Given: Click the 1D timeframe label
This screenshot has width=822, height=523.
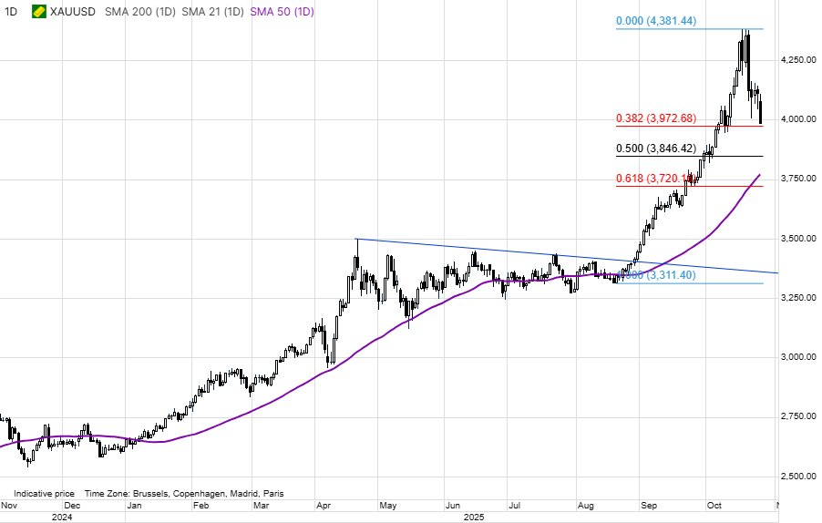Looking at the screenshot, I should [x=11, y=13].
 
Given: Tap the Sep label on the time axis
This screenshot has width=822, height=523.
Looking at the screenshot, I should [x=648, y=504].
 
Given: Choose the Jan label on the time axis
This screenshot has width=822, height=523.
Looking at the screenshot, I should [x=133, y=504].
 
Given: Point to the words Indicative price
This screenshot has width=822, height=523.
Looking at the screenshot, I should [x=44, y=493].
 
